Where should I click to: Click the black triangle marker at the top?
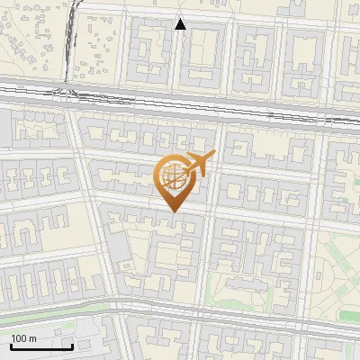click(x=180, y=24)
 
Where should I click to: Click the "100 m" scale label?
click(x=23, y=338)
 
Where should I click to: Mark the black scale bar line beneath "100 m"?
click(x=41, y=346)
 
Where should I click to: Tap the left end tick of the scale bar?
click(x=11, y=345)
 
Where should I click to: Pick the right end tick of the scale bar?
click(x=72, y=345)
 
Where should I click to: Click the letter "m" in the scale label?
click(x=32, y=338)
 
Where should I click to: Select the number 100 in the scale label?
click(x=19, y=338)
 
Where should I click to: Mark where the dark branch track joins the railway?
click(x=70, y=90)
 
